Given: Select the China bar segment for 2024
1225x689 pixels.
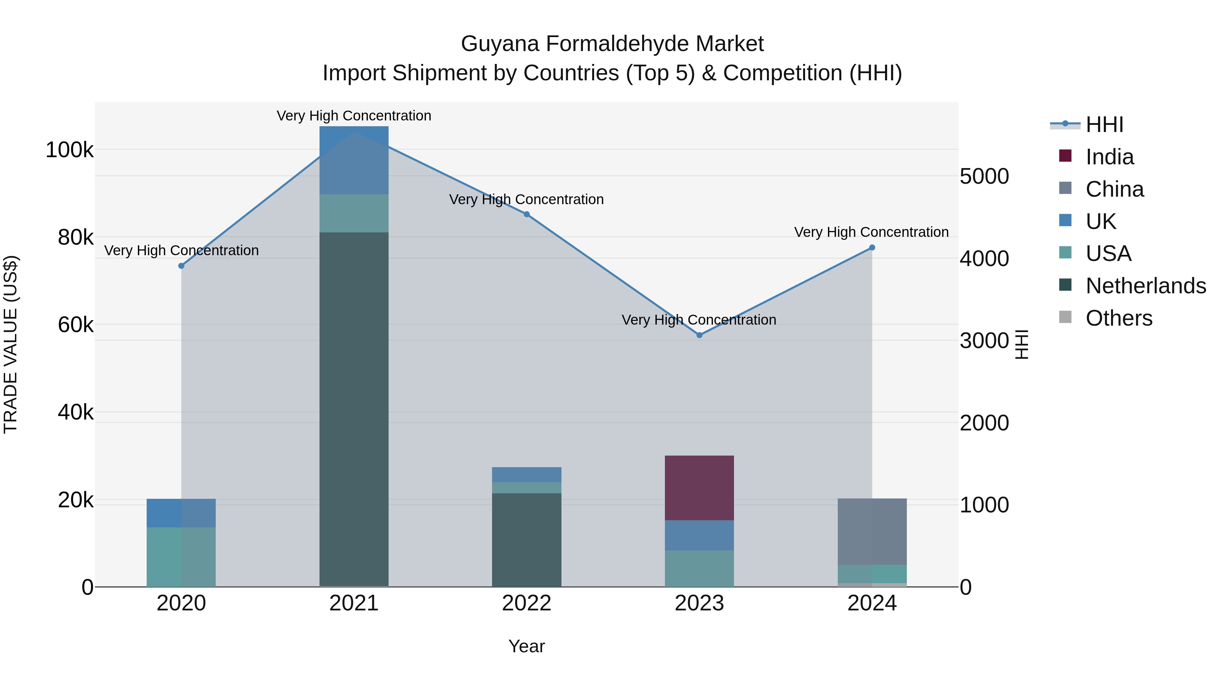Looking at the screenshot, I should [x=872, y=531].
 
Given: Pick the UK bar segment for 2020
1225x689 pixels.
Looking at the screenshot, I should [x=181, y=513].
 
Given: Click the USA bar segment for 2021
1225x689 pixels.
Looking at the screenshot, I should [x=354, y=213].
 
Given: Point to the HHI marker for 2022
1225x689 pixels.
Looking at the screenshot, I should [x=526, y=214].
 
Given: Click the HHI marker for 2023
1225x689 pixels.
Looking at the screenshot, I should [x=699, y=335].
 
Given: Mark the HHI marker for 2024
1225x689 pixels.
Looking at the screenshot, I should [x=872, y=248].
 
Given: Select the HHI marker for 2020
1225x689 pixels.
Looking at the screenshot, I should [x=181, y=266].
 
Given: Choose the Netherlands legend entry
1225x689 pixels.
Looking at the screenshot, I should [x=1145, y=286].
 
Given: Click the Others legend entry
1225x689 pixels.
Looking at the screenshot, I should [x=1118, y=318].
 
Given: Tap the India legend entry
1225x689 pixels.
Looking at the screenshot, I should [x=1109, y=157].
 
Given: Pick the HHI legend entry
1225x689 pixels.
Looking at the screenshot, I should [x=1104, y=125].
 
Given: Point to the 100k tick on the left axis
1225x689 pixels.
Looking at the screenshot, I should [x=69, y=150].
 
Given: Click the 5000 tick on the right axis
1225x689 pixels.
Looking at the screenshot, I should [x=984, y=176].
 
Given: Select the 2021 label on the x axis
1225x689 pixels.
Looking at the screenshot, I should [x=354, y=603].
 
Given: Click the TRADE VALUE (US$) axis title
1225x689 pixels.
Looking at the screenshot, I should [x=11, y=344].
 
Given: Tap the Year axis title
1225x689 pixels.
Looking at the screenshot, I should [x=526, y=646].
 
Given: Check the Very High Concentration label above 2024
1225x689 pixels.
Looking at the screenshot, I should [x=871, y=232].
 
